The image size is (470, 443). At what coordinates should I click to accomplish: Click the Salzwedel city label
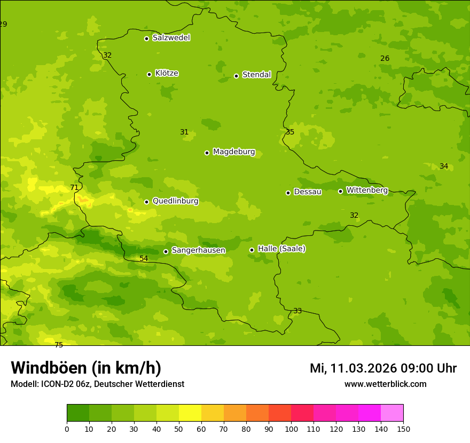171,38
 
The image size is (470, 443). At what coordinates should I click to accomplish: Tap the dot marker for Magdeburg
207,153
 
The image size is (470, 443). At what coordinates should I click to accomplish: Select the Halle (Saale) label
281,249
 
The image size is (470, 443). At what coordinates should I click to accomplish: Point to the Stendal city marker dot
236,76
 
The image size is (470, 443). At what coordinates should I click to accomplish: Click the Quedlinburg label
175,201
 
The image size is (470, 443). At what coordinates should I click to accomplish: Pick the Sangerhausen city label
198,250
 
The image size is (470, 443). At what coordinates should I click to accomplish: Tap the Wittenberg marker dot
340,191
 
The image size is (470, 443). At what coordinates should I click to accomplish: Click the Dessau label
308,192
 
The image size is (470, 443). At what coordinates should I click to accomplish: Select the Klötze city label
167,73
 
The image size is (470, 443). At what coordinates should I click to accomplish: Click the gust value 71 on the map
74,187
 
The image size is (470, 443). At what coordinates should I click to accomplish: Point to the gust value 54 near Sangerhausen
144,258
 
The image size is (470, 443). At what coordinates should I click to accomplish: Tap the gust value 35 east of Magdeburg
290,132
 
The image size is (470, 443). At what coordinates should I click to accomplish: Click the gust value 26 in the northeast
385,58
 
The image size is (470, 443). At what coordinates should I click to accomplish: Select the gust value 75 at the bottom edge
59,345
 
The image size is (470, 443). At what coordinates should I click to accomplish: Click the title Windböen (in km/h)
86,368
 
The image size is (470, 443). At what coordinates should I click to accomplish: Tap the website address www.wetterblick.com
385,384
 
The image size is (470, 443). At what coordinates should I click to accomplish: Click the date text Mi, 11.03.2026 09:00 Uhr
383,368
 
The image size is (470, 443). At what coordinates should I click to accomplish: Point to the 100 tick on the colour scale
291,429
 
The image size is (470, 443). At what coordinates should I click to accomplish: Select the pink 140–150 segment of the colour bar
392,413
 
